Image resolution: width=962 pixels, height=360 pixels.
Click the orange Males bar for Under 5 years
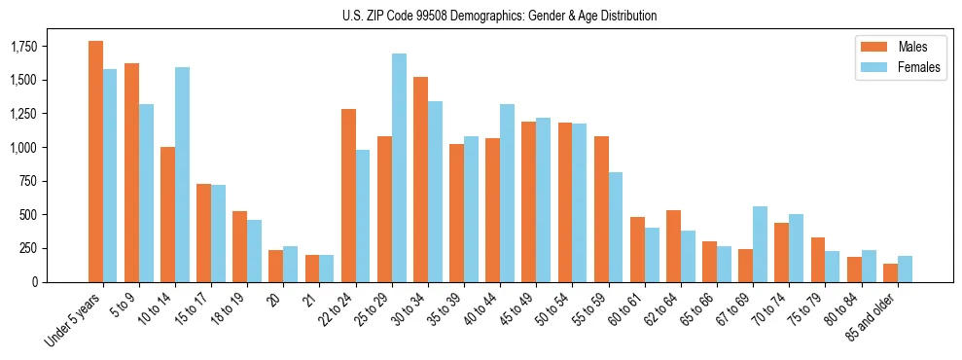(x=95, y=162)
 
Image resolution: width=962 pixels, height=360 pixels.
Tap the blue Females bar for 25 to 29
(x=399, y=167)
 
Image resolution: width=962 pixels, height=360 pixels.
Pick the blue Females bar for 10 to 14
(x=183, y=174)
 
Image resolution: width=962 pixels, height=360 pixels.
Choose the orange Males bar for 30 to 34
(x=420, y=179)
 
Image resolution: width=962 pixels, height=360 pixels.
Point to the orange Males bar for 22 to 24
(x=348, y=196)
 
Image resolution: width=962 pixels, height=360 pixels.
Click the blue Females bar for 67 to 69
(x=760, y=244)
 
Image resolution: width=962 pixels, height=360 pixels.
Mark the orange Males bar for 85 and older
(x=890, y=272)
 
